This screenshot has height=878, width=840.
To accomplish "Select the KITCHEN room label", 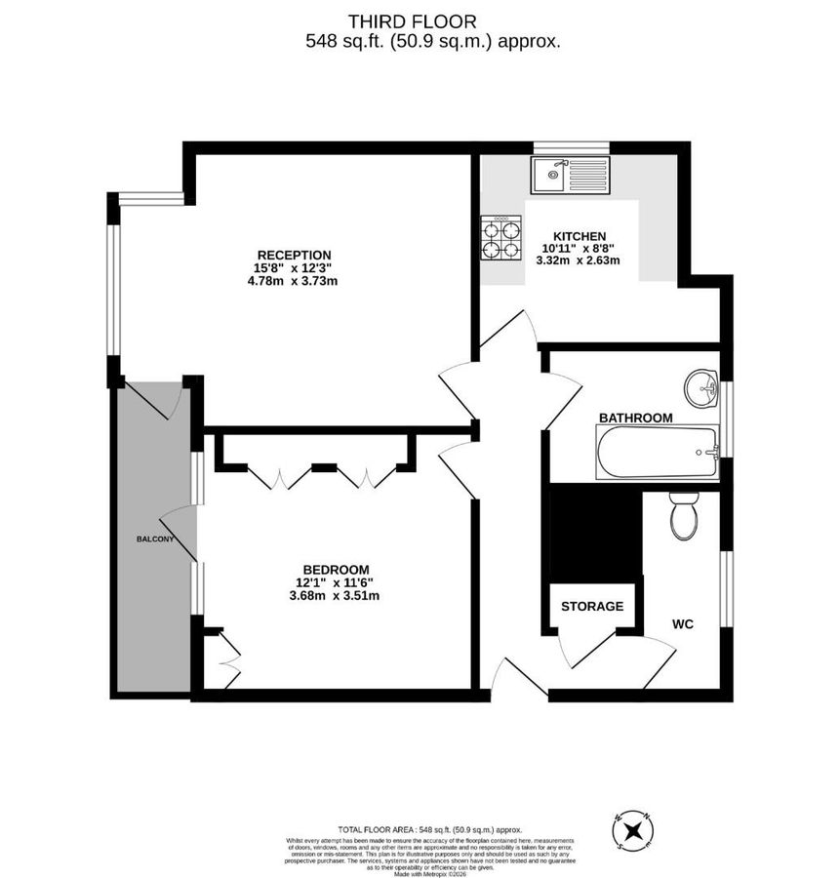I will (x=580, y=236).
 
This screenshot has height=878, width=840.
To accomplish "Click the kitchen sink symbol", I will (x=570, y=176).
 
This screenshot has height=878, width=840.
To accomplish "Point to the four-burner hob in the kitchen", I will (x=500, y=238).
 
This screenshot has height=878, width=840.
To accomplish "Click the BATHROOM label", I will (x=635, y=418).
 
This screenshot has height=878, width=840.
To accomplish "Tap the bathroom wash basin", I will (x=700, y=387).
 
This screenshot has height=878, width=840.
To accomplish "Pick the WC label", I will (x=682, y=623).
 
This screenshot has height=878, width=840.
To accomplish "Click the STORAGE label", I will (x=591, y=606).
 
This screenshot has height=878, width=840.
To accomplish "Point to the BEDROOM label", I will (x=335, y=570).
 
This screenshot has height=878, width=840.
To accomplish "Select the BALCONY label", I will (x=154, y=539).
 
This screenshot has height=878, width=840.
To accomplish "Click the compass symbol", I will (x=633, y=830).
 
